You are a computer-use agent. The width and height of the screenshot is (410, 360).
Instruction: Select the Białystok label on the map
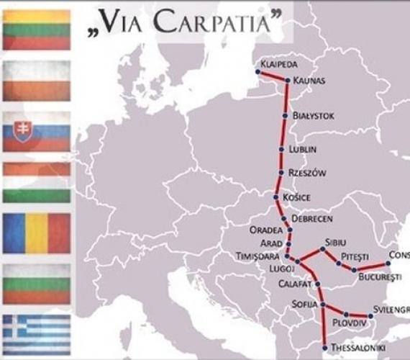[x=313, y=115]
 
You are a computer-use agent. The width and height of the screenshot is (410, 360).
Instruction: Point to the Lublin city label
[x=303, y=150]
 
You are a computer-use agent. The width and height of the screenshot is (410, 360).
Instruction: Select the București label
[x=380, y=276]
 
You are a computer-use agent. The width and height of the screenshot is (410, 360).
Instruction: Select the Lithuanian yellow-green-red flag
[x=37, y=30]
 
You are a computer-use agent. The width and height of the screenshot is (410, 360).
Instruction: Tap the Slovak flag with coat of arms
[x=37, y=131]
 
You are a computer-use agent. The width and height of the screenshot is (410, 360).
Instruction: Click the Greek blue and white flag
[x=37, y=333]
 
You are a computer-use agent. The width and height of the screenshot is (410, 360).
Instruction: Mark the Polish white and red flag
[x=37, y=80]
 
